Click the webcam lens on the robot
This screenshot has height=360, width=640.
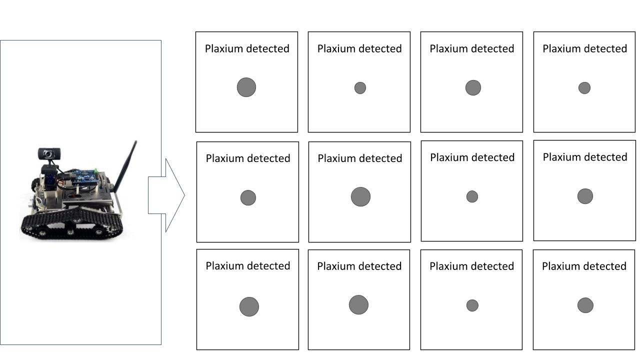point(48,154)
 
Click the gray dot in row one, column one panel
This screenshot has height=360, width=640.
point(246,87)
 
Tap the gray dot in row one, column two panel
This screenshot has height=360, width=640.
point(360,88)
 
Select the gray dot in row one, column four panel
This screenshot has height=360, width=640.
point(584,88)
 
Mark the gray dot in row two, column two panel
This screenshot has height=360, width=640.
point(360,197)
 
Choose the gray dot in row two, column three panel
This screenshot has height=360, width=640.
point(472,196)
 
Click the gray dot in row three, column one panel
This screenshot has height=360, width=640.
point(249,307)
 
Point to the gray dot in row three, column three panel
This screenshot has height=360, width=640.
point(472,305)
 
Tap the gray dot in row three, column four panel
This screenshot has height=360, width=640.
point(585,305)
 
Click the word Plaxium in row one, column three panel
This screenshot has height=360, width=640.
point(447,49)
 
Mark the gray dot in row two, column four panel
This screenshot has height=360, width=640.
point(585,196)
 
